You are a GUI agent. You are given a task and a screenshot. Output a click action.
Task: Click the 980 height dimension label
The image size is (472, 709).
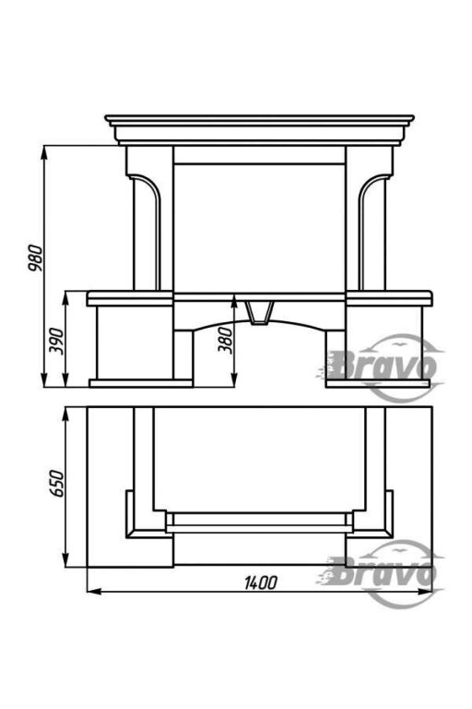[35, 258]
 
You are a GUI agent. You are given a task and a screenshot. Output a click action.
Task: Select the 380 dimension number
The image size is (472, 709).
[225, 340]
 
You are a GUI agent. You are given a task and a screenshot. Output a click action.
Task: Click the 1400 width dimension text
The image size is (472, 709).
[261, 583]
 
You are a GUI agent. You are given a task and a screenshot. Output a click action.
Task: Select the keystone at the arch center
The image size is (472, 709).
[259, 313]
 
